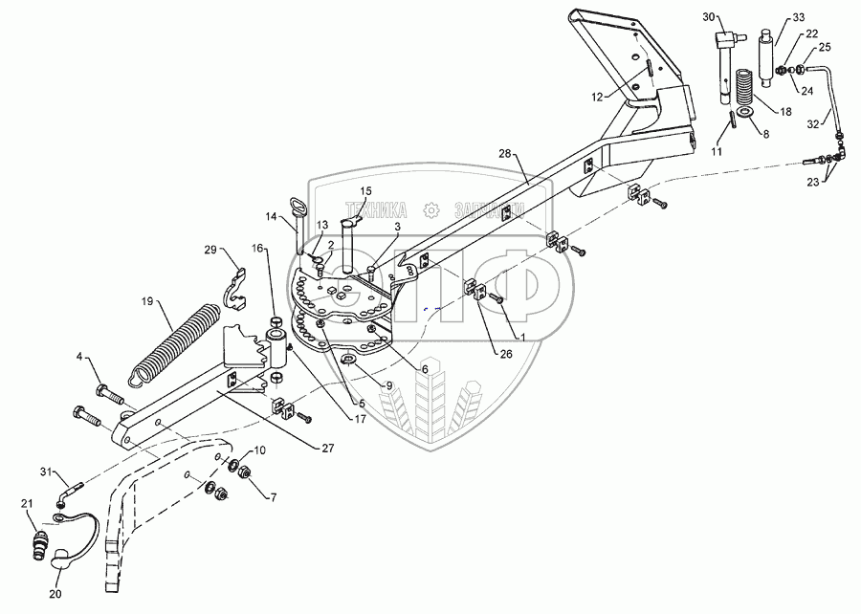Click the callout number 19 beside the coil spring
[148, 300]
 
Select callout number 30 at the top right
[707, 18]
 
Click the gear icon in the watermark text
[433, 208]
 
